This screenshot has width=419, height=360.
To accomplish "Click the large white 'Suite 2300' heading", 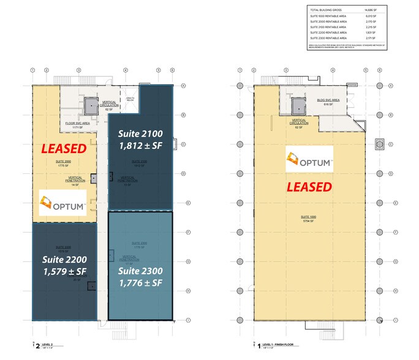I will tap(139, 270).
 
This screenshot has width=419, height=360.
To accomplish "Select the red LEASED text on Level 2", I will tap(62, 148).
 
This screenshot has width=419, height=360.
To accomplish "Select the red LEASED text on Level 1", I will tap(308, 186).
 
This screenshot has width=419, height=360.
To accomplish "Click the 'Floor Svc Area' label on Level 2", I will tap(78, 122).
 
